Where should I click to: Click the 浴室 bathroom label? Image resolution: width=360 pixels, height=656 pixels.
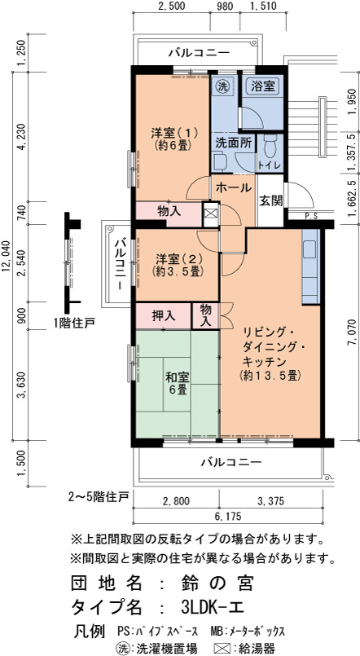tap(262, 86)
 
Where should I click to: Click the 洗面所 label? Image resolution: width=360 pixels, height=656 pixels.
tap(234, 143)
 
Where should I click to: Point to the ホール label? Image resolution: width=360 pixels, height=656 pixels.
tap(233, 188)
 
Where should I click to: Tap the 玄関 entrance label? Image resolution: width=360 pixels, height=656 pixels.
tap(270, 200)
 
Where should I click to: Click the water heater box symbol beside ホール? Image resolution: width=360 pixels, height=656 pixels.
tap(211, 211)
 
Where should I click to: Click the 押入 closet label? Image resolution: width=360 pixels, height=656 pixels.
tap(164, 315)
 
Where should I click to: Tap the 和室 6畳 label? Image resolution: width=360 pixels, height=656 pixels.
tap(178, 384)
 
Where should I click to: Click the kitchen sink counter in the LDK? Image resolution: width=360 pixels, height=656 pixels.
tap(310, 266)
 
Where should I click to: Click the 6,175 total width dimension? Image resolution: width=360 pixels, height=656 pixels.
tap(228, 517)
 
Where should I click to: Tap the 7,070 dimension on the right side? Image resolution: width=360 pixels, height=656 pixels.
tap(354, 332)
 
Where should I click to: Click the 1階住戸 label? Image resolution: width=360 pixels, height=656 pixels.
tap(74, 323)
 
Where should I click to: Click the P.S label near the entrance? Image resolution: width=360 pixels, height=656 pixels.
tap(311, 216)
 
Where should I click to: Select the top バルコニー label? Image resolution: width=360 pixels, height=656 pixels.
tap(199, 53)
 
